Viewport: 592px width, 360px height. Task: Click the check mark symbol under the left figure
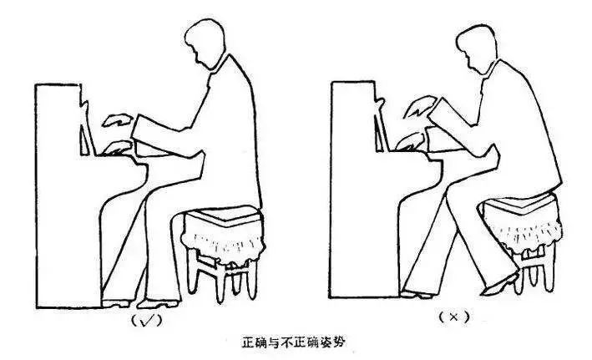(146, 321)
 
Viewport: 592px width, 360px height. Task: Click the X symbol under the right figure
(454, 317)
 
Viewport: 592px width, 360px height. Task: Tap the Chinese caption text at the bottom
(293, 342)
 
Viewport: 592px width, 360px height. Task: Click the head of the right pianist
(477, 49)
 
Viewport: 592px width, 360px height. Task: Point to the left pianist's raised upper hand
(118, 119)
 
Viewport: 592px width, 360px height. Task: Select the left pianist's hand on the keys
(117, 148)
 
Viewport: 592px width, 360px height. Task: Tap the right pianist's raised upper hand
(420, 106)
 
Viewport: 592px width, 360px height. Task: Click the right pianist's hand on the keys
(411, 142)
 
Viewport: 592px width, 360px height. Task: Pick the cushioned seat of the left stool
(223, 215)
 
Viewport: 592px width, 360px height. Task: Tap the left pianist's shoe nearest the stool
(158, 303)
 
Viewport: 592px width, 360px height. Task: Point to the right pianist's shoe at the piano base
(416, 294)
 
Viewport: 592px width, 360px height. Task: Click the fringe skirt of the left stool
(223, 240)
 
